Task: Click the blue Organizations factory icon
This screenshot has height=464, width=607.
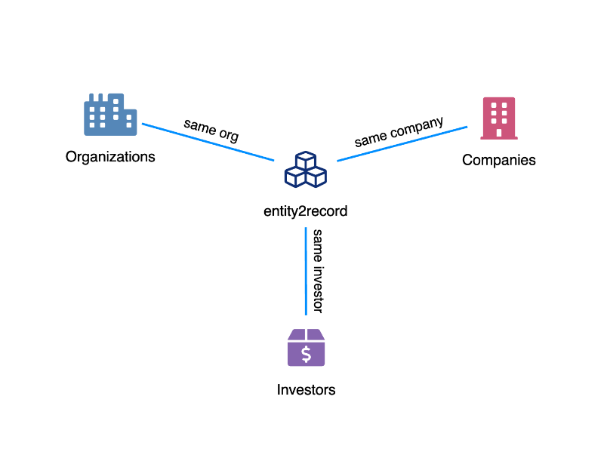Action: pos(110,115)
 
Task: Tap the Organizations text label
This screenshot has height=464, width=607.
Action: pos(110,157)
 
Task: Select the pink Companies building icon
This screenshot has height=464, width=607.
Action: pos(498,118)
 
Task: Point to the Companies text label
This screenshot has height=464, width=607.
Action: pos(498,160)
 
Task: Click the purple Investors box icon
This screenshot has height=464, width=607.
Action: pos(306,348)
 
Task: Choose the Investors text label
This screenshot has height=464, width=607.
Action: pos(306,390)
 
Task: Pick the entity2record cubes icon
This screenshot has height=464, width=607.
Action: pos(305,170)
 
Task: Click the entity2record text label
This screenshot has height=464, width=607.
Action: pos(305,212)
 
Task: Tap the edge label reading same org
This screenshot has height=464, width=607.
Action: pos(211,130)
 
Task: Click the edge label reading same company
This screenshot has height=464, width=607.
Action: pos(399,131)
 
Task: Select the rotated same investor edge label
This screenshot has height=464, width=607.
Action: pos(318,271)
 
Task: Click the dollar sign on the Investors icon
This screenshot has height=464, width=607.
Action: pos(306,353)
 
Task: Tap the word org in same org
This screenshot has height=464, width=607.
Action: pos(228,136)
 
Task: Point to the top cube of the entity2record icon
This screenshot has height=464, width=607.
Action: pos(305,161)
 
